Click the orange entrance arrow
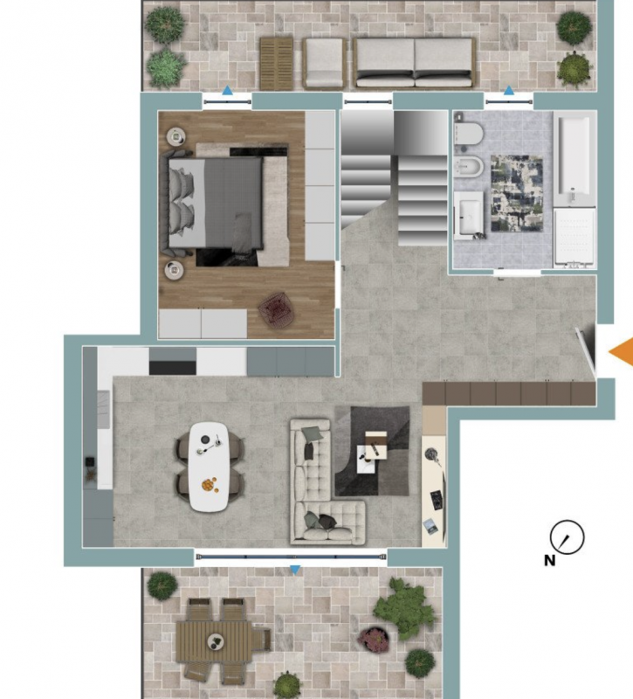(623, 352)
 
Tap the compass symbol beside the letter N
(567, 536)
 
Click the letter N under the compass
(550, 560)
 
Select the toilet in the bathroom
(469, 134)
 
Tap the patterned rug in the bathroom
(517, 193)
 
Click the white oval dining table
(209, 467)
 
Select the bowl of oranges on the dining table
(210, 485)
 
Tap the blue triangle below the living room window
(295, 570)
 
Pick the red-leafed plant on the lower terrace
(374, 639)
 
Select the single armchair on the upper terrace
(324, 62)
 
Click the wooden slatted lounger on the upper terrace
(277, 63)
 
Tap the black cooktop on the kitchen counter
(172, 368)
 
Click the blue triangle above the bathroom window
(509, 92)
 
